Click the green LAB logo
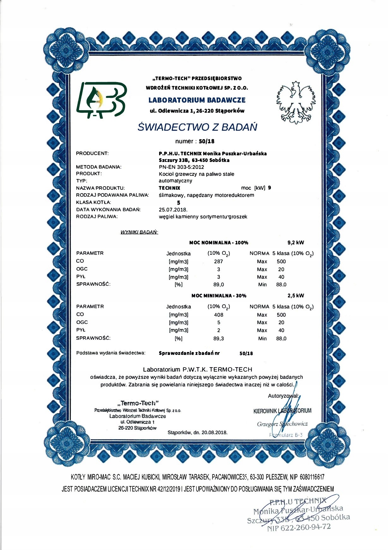coord(101,100)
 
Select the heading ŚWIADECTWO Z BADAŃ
coord(197,127)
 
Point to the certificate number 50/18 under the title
coord(206,141)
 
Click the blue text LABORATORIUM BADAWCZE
coord(197,100)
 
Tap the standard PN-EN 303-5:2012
coord(181,167)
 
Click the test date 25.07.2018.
coord(173,210)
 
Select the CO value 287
coord(218,261)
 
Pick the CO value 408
coord(218,315)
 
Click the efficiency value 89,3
coord(218,338)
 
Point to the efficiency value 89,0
coord(218,284)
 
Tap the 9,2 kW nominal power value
coord(296,242)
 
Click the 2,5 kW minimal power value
coord(296,296)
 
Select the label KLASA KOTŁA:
coord(93,202)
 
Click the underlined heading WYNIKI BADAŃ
coord(139,232)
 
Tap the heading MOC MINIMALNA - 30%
coord(219,296)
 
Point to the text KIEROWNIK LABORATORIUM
coord(282,411)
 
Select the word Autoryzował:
coord(283,396)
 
